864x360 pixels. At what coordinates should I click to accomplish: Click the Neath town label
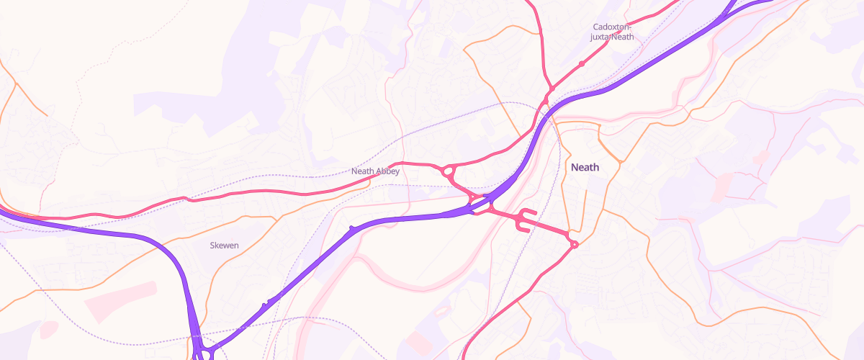(x=585, y=167)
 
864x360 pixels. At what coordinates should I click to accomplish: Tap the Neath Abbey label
(x=375, y=171)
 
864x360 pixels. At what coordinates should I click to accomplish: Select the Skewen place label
(x=224, y=246)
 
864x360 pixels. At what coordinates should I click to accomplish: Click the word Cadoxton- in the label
(x=612, y=27)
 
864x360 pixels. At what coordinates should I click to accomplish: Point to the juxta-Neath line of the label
(x=612, y=37)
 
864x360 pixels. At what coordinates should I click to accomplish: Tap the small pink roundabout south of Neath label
(x=574, y=245)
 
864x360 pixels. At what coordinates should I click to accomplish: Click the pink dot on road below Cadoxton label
(x=581, y=63)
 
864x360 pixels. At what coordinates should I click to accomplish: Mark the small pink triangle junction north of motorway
(x=474, y=196)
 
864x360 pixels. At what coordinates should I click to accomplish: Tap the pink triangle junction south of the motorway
(x=492, y=207)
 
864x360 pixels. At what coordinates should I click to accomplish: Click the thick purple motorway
(x=403, y=219)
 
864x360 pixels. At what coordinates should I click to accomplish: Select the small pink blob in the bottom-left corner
(x=48, y=330)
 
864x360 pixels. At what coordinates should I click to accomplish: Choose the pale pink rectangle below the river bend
(x=419, y=342)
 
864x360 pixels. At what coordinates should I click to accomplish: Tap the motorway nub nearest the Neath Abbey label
(x=352, y=228)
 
